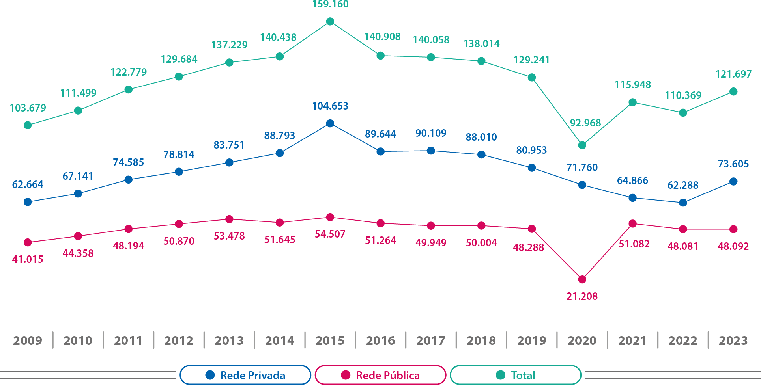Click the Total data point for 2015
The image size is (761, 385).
(x=330, y=22)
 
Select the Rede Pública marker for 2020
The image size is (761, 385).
(x=582, y=279)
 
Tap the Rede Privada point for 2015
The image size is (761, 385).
(x=330, y=124)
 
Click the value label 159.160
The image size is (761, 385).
(x=330, y=5)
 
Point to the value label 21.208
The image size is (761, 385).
(x=582, y=296)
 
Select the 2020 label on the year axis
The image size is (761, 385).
(x=582, y=340)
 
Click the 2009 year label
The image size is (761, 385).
(x=28, y=340)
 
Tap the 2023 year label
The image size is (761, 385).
(x=733, y=340)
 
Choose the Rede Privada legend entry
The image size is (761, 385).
(x=245, y=375)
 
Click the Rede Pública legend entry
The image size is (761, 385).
(x=381, y=375)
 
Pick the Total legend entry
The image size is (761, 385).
(x=516, y=375)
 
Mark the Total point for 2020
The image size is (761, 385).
(x=582, y=145)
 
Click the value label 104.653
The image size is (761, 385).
(x=330, y=106)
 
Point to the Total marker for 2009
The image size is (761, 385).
(x=28, y=125)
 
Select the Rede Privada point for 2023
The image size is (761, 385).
(x=733, y=182)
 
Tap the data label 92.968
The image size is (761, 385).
(x=585, y=123)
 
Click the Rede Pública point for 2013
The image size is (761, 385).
(x=229, y=219)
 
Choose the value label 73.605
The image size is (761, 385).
(x=733, y=164)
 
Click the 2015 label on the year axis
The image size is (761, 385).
(x=330, y=340)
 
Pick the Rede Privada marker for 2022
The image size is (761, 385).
(x=683, y=203)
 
